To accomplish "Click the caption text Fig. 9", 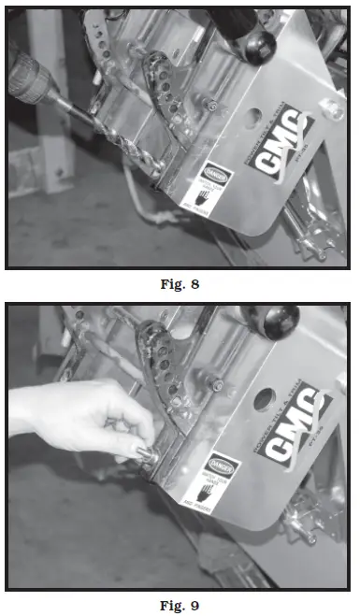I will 180,603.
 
